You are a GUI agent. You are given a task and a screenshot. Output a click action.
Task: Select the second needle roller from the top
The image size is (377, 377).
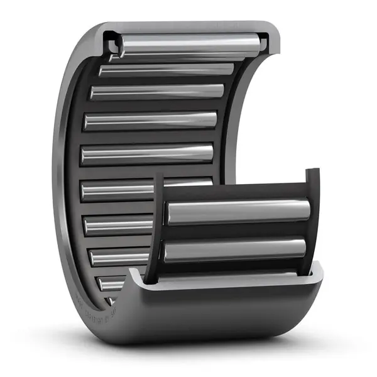(x=167, y=69)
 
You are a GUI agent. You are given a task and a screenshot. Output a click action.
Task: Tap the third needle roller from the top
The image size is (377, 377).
(x=157, y=92)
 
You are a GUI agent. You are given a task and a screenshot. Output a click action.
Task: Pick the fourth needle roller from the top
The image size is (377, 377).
(x=151, y=120)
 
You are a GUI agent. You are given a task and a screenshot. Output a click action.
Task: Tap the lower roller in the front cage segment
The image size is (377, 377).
(x=235, y=250)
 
